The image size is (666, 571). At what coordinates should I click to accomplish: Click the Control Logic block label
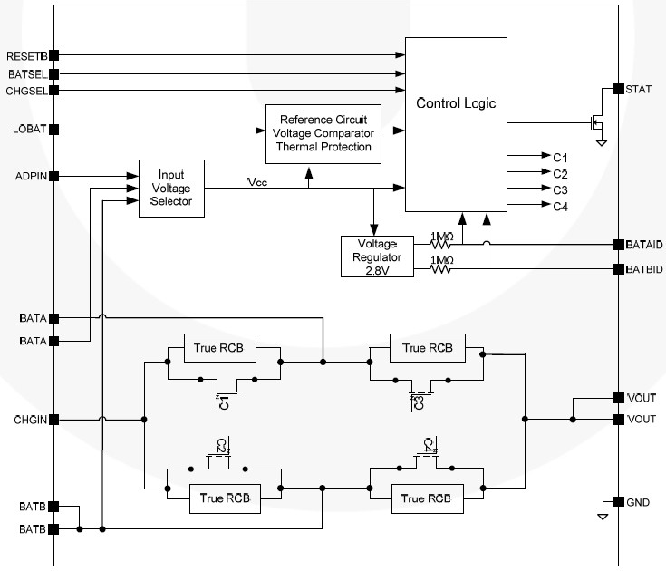(x=456, y=103)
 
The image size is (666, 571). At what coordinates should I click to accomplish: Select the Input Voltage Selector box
(x=171, y=189)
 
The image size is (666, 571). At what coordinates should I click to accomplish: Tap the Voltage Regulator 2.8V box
(x=377, y=256)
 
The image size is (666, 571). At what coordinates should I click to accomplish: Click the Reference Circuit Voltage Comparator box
(x=323, y=134)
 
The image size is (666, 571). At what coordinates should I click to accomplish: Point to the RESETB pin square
(x=54, y=55)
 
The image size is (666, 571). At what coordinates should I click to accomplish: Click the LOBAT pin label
(x=29, y=129)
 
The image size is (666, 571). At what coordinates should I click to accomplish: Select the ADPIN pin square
(x=54, y=176)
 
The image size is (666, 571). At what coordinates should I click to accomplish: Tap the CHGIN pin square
(x=54, y=420)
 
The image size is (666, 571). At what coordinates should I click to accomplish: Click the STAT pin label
(x=639, y=89)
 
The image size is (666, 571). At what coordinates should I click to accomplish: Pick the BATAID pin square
(x=619, y=245)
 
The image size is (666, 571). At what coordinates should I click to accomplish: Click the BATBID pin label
(x=644, y=269)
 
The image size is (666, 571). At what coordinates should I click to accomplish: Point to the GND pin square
(x=619, y=502)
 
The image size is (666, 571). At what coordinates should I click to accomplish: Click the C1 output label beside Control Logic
(x=560, y=158)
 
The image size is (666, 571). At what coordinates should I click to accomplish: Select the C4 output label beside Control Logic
(x=560, y=207)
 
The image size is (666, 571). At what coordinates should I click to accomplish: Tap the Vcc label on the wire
(x=257, y=182)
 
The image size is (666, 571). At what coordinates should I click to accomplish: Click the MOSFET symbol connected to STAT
(x=596, y=123)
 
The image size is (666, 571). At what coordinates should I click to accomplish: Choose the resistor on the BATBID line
(x=441, y=268)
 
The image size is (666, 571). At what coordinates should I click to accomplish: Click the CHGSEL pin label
(x=27, y=91)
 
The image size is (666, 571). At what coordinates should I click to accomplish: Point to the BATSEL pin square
(x=54, y=74)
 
